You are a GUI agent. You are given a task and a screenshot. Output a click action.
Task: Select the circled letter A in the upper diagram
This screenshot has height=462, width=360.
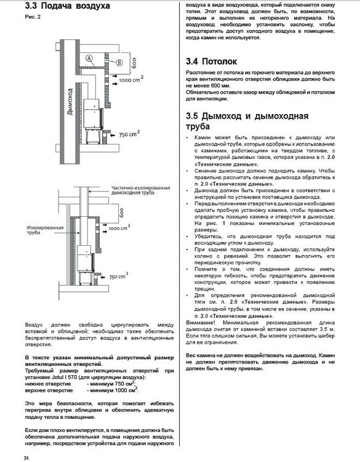89,57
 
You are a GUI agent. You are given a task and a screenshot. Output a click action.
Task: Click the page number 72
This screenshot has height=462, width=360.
26,457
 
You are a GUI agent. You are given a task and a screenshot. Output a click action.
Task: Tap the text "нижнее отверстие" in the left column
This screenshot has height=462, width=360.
48,384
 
